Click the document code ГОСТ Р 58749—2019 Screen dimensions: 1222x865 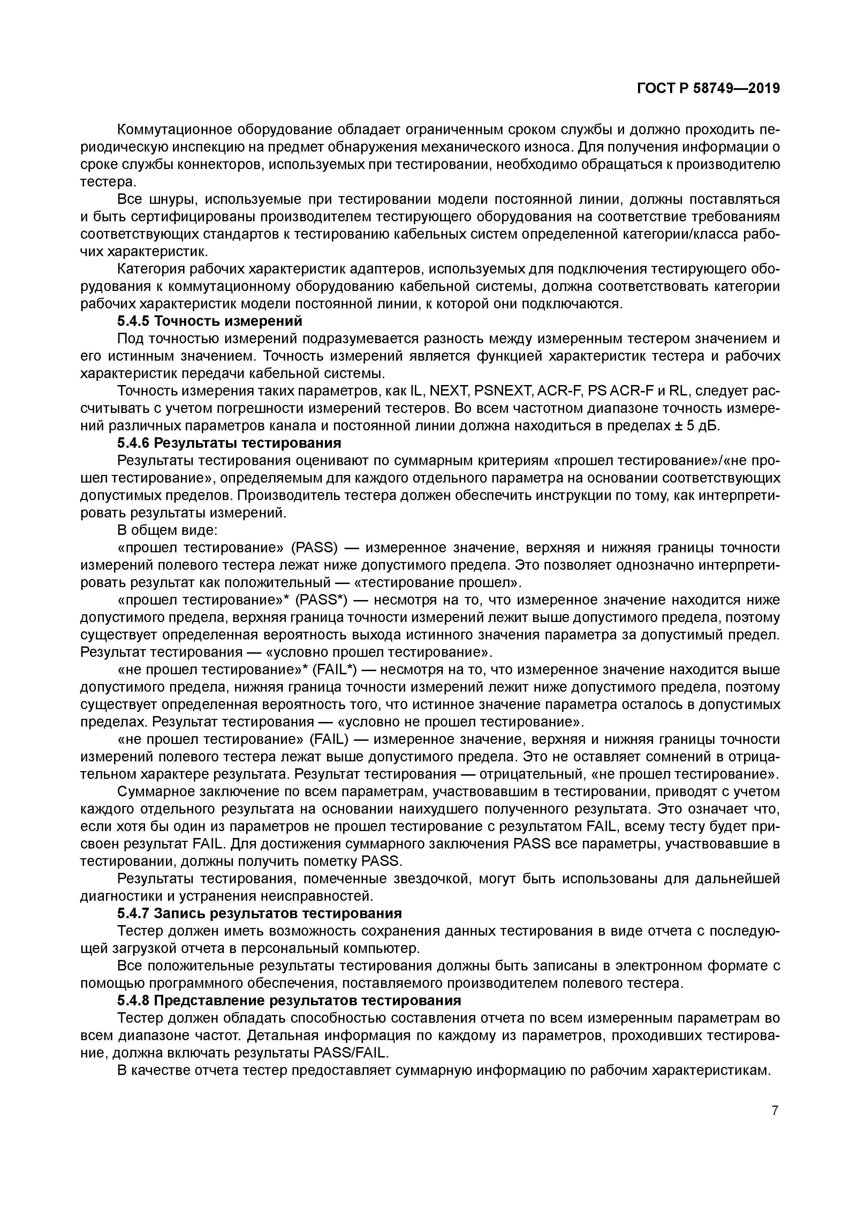click(x=708, y=89)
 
